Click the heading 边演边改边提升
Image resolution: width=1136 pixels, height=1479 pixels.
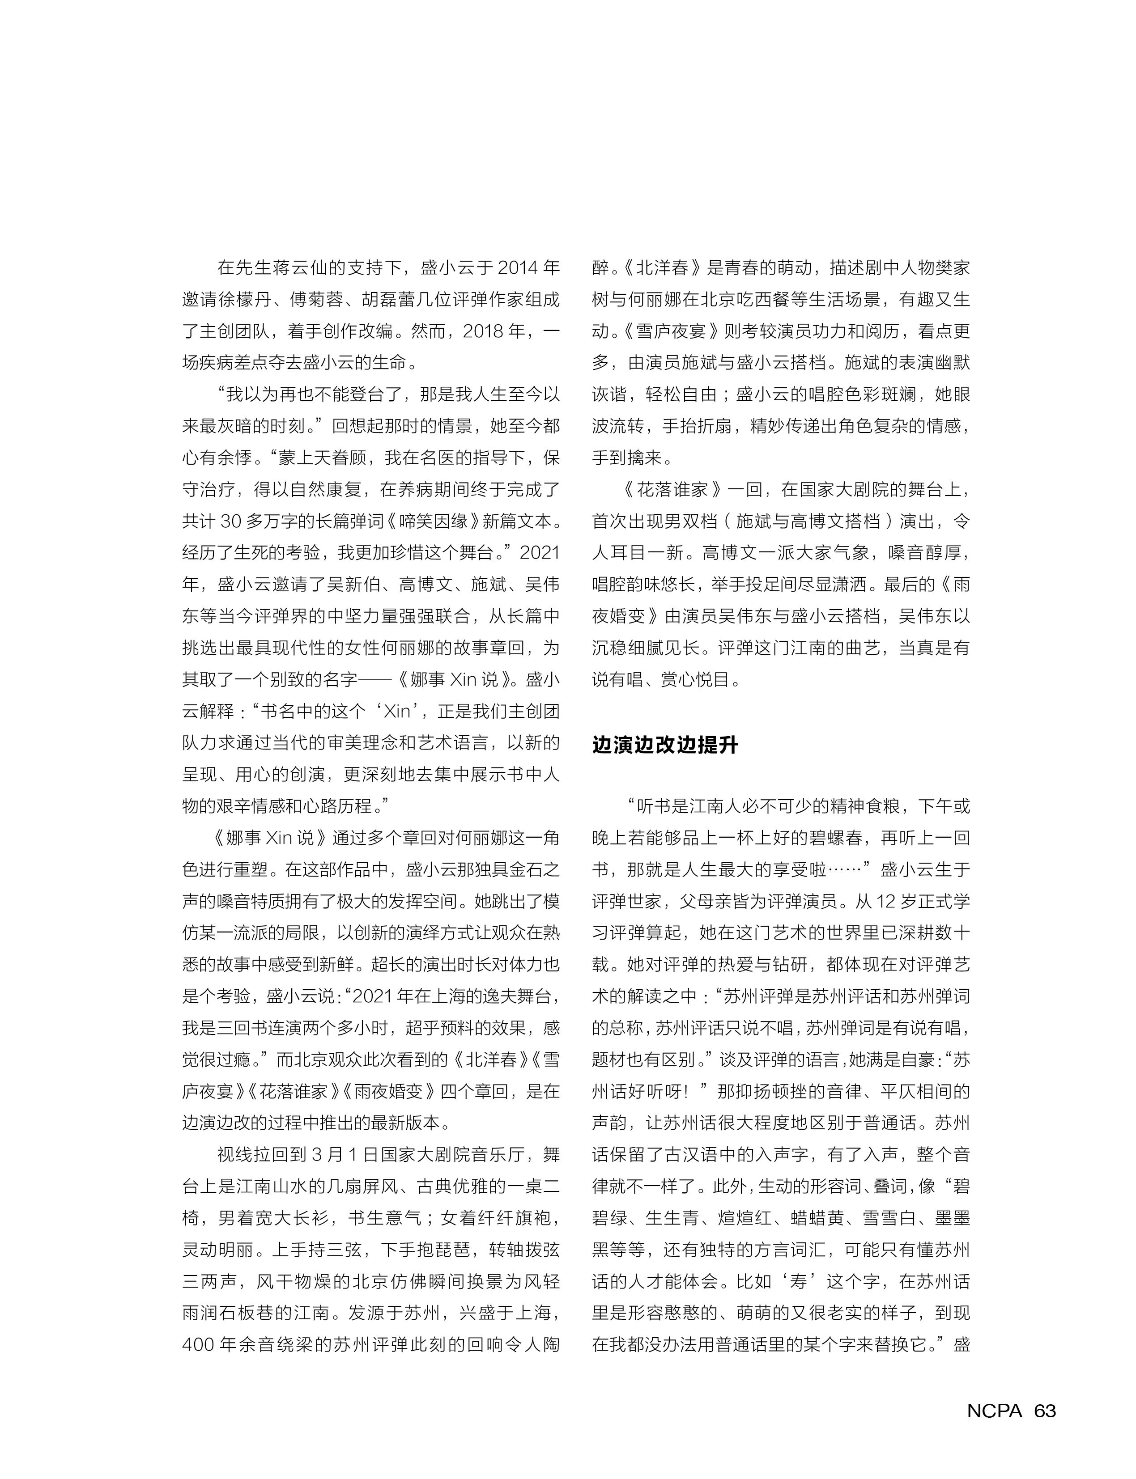(x=665, y=745)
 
